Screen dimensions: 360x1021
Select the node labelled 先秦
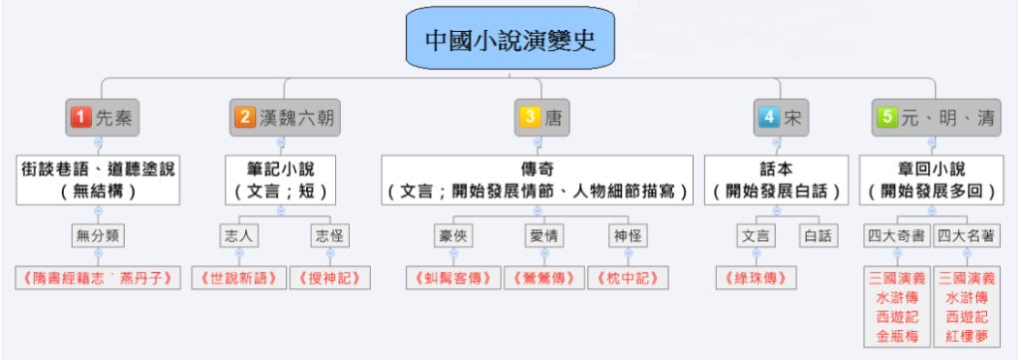(x=103, y=118)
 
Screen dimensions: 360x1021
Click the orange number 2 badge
(x=245, y=118)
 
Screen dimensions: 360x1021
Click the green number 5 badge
(x=883, y=118)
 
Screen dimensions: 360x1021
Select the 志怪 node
(x=328, y=236)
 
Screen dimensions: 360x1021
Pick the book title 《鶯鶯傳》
(x=539, y=277)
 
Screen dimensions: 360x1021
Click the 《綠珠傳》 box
(x=755, y=277)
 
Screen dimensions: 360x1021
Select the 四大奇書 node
(x=895, y=236)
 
